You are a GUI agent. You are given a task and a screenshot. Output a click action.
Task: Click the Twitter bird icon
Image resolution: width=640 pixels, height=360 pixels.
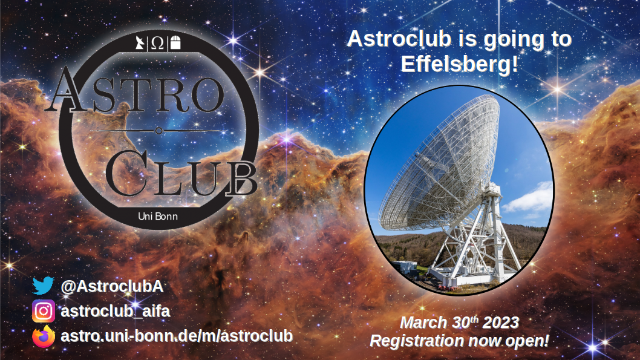click(43, 286)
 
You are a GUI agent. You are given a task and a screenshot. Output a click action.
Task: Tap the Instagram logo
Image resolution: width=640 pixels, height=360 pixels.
click(44, 311)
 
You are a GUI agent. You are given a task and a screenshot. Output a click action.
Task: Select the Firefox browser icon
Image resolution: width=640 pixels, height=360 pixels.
click(44, 336)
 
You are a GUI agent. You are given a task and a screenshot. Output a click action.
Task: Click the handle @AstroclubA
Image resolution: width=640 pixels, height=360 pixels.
click(112, 286)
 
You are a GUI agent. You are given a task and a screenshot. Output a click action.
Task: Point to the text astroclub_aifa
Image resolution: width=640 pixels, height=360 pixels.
click(115, 312)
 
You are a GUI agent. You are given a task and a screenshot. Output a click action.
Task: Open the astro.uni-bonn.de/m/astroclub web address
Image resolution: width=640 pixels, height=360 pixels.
click(177, 336)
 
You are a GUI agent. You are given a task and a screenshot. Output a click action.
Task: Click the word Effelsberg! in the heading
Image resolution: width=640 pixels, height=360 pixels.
click(459, 64)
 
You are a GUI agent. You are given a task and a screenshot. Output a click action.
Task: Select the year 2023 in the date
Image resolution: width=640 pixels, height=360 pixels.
click(501, 322)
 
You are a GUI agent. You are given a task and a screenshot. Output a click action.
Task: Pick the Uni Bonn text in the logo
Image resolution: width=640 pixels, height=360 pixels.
click(158, 217)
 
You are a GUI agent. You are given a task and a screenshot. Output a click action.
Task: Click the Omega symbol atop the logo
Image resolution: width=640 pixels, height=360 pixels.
click(157, 43)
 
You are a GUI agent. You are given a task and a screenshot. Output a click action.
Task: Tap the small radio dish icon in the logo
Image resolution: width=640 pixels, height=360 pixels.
click(140, 42)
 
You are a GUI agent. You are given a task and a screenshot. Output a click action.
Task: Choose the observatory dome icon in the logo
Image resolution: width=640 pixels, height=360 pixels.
click(175, 42)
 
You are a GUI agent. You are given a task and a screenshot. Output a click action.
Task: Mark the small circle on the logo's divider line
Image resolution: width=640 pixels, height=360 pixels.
click(158, 131)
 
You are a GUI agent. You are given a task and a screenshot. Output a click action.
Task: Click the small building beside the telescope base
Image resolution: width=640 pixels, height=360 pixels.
click(405, 267)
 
